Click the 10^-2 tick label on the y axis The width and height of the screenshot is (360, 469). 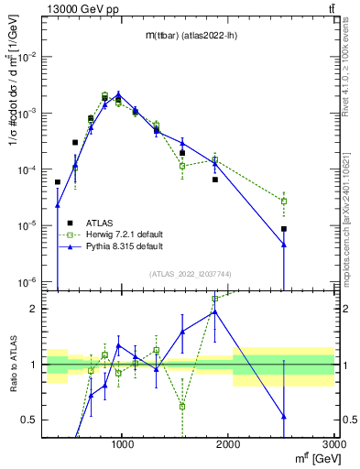(x=28, y=57)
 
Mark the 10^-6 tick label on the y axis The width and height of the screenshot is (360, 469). (x=28, y=281)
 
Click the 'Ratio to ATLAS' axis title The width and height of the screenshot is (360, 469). (x=12, y=364)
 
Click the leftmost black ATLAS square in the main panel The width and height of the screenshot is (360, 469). (x=58, y=182)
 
